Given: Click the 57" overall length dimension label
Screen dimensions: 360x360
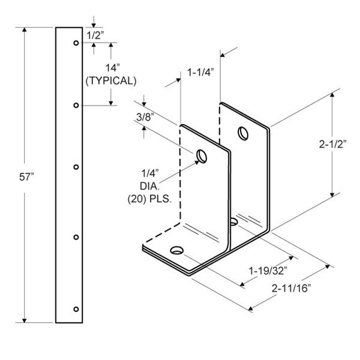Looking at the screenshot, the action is (26, 177).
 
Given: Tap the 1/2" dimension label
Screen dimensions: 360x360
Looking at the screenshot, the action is (95, 35).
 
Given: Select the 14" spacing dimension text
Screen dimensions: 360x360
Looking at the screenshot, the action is (113, 68).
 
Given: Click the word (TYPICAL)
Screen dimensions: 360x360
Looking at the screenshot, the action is (111, 81).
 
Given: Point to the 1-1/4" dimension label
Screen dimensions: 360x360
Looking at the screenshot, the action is (200, 73).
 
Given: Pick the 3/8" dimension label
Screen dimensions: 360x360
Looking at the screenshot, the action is (145, 117).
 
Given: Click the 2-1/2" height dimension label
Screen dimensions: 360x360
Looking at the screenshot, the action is (332, 144).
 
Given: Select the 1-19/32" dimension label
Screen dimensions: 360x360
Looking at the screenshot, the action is (268, 271).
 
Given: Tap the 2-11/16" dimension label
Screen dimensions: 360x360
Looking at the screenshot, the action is (291, 289).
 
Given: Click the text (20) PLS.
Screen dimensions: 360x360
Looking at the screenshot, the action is (149, 199).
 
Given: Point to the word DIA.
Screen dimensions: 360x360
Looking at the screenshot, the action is (149, 186).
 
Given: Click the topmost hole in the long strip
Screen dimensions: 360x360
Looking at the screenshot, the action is (76, 43).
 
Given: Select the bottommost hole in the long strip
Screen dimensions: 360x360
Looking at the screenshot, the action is (76, 309).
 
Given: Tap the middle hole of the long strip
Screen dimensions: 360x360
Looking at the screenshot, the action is (76, 167).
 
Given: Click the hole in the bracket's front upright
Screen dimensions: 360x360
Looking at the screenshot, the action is (202, 157).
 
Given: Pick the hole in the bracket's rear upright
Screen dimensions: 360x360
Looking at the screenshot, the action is (243, 133).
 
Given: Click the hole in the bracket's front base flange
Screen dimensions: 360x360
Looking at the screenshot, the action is (177, 250).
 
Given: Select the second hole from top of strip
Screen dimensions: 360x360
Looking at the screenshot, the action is (76, 106).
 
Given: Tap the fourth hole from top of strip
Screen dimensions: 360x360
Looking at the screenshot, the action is (76, 237).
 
